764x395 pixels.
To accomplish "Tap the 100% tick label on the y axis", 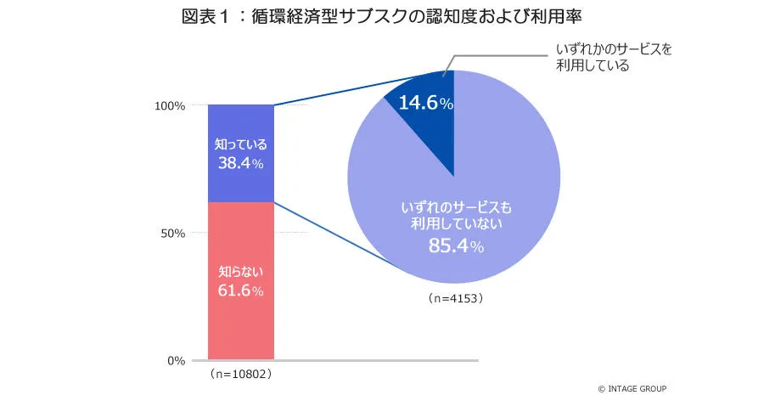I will (170, 106).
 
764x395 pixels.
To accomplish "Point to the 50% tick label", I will (172, 234).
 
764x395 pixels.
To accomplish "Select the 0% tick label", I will (176, 361).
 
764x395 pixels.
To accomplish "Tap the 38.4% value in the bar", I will (241, 164).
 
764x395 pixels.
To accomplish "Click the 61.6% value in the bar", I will (241, 291).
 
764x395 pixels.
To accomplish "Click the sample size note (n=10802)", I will (241, 374).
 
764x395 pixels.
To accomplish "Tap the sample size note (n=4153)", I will (454, 299).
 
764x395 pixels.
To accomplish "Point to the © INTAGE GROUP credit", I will (633, 388).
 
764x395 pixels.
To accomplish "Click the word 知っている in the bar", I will (241, 144).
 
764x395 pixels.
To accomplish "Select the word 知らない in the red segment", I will (241, 272).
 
